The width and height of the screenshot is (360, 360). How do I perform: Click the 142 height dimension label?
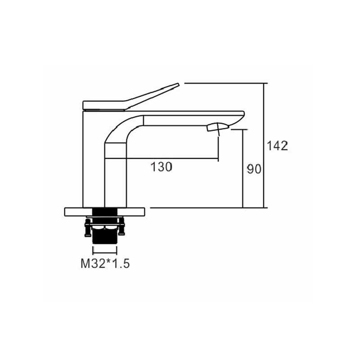(277, 146)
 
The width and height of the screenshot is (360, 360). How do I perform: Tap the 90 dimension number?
(254, 169)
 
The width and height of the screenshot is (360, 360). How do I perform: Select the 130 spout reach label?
(161, 167)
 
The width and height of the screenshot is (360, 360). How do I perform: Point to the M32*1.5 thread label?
(105, 263)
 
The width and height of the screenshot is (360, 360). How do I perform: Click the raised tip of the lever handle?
(178, 85)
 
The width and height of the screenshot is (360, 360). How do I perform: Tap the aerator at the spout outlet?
(218, 127)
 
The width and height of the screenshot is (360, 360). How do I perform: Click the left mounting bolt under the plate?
(87, 228)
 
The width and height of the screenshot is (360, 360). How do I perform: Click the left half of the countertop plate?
(78, 212)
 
